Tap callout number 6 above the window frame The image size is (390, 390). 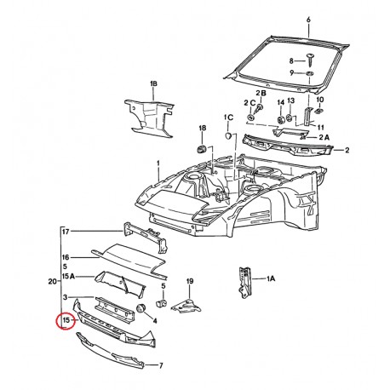click(309, 19)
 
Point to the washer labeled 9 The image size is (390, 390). click(309, 74)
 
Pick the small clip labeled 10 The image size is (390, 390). click(320, 111)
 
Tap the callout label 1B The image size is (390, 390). click(154, 84)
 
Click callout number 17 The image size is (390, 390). click(65, 230)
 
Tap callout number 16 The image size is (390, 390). click(65, 256)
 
